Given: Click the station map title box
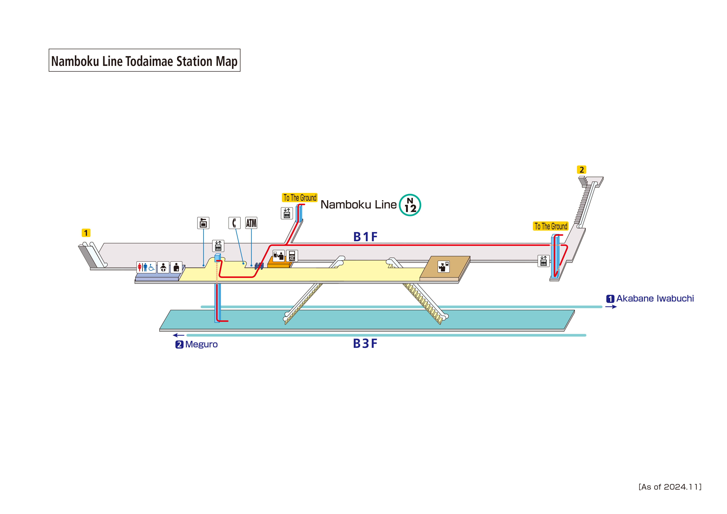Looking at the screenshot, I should tap(144, 60).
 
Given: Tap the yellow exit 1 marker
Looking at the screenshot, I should tap(86, 233).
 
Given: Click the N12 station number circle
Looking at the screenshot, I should tap(410, 205).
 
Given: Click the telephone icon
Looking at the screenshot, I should tap(234, 223).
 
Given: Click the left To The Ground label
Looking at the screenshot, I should tap(300, 198).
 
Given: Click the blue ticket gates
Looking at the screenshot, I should tap(259, 266).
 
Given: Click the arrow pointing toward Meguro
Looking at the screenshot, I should tap(179, 335).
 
